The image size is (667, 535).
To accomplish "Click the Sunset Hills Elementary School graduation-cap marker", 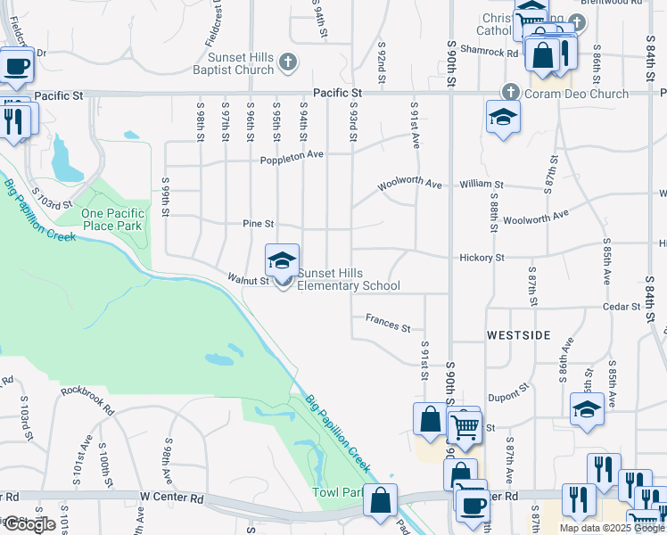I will tap(283, 262).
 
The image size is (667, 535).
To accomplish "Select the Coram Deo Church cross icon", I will tap(510, 92).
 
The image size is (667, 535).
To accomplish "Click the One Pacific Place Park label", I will tap(111, 219).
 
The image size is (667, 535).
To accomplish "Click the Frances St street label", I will tap(388, 323).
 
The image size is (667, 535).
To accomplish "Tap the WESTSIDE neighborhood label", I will tap(518, 337).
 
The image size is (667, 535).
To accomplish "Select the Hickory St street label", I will tap(482, 258).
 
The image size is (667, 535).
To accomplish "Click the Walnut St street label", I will tap(248, 280).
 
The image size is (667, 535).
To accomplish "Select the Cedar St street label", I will tap(622, 307).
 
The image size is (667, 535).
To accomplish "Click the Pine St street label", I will tap(257, 224).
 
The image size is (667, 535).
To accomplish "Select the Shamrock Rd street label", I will tap(499, 53).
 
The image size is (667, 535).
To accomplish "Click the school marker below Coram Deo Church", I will tap(503, 117).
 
